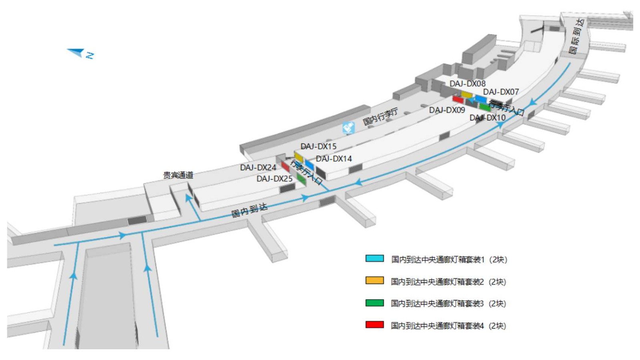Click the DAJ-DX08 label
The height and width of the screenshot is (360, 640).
tap(467, 84)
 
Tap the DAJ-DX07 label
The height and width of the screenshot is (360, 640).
tap(500, 92)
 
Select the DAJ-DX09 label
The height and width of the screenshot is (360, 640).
tap(447, 110)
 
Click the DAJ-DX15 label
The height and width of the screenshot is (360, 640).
tap(318, 146)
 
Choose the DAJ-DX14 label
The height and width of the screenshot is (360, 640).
tap(334, 159)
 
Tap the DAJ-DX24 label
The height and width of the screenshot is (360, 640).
tap(258, 168)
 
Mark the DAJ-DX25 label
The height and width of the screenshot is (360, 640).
tap(274, 179)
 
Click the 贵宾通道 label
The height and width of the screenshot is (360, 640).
tap(178, 175)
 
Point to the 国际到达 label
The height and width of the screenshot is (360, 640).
tap(576, 36)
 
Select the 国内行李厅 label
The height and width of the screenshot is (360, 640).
tap(380, 116)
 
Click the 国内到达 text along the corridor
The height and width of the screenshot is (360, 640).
tap(249, 210)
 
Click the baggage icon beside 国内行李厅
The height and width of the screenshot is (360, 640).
tap(348, 128)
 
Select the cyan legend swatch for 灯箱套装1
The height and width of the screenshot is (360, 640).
tap(374, 258)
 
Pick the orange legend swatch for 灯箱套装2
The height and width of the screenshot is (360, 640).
tap(374, 280)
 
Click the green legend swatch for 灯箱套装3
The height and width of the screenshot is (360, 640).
tap(374, 303)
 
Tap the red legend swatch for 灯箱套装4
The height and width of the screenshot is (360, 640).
tap(374, 324)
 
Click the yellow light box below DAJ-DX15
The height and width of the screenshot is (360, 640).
tap(298, 156)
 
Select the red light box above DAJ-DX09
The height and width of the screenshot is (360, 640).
tap(458, 99)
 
